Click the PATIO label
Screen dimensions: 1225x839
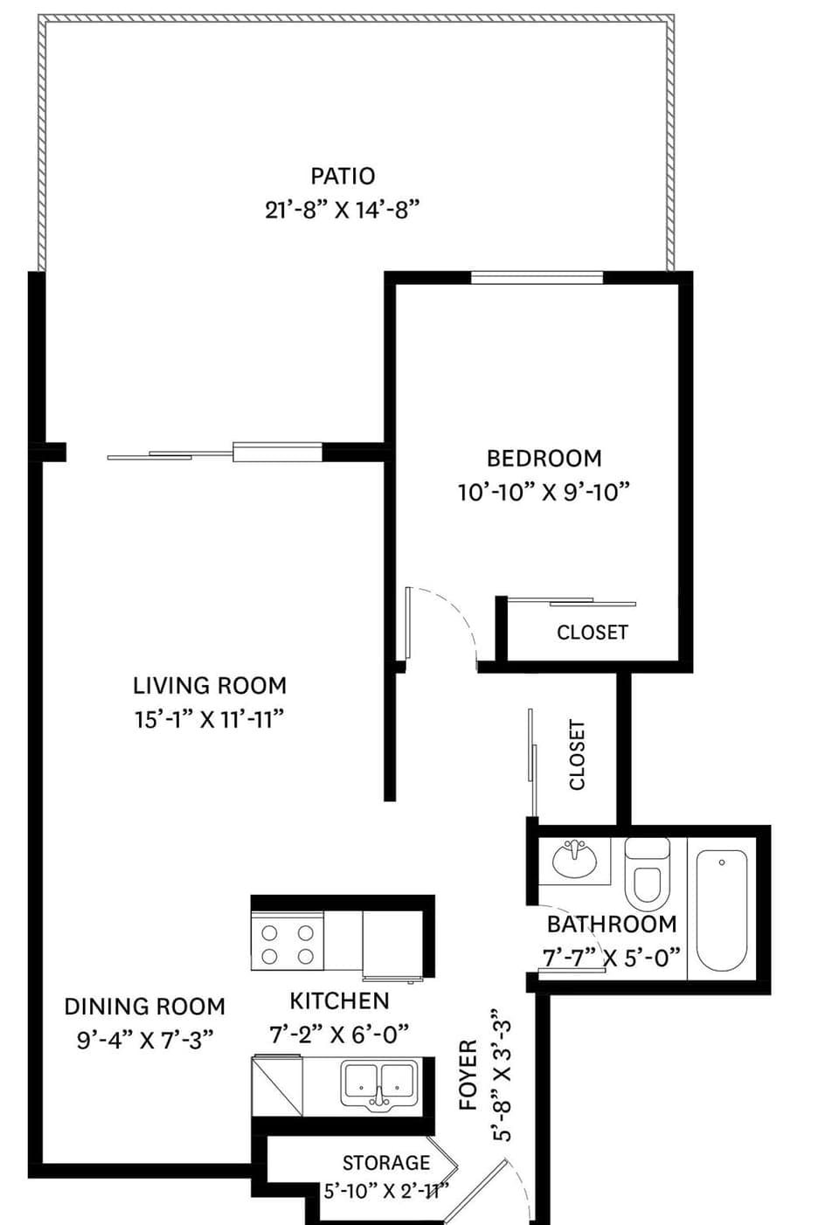tap(343, 176)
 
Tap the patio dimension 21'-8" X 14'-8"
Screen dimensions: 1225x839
tap(343, 210)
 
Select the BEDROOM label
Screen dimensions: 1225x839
tap(544, 458)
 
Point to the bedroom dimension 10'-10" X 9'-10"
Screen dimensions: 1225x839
tap(544, 492)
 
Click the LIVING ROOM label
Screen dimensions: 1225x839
tap(210, 685)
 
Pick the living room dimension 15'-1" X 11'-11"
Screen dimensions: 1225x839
tap(210, 719)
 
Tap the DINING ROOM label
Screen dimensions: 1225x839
tap(144, 1007)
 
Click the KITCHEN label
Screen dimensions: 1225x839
tap(339, 1000)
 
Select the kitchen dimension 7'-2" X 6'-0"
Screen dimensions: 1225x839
tap(339, 1035)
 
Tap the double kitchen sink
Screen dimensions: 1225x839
tap(378, 1083)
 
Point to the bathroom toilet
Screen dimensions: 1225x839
tap(648, 874)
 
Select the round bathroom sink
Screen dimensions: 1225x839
tap(574, 859)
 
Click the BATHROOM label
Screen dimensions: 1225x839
tap(612, 924)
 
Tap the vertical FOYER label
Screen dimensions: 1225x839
tap(468, 1075)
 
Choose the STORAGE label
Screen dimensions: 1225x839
tap(386, 1163)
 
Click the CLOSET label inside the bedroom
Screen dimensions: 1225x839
tap(593, 632)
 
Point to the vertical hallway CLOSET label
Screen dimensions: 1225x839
tap(578, 755)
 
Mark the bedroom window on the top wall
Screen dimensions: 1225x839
tap(537, 278)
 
